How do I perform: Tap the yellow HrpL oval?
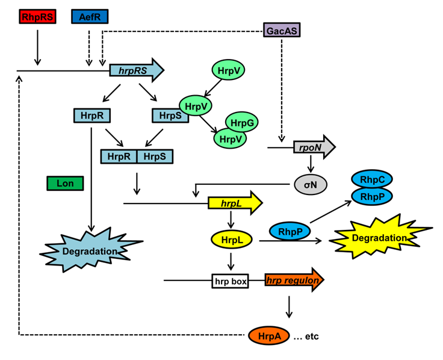[232, 240]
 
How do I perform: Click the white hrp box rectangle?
[230, 281]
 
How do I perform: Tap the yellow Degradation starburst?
[380, 238]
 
